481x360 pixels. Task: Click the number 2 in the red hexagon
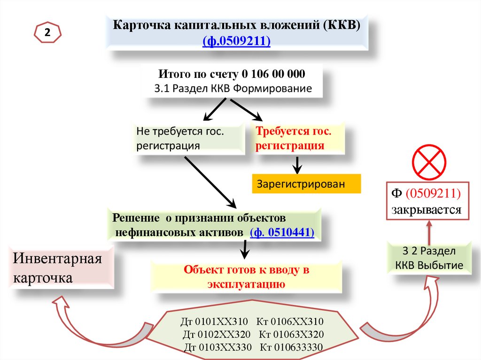[x=47, y=32]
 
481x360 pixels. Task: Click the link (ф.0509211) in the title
[x=236, y=41]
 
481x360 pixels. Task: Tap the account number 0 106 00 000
[x=274, y=75]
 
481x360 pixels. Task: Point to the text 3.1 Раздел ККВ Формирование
[x=233, y=88]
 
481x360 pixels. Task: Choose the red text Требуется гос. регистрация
[x=294, y=138]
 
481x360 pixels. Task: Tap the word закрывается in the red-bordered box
[x=427, y=210]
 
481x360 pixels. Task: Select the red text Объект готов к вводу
[x=246, y=270]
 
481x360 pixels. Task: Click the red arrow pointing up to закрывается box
[x=428, y=230]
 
